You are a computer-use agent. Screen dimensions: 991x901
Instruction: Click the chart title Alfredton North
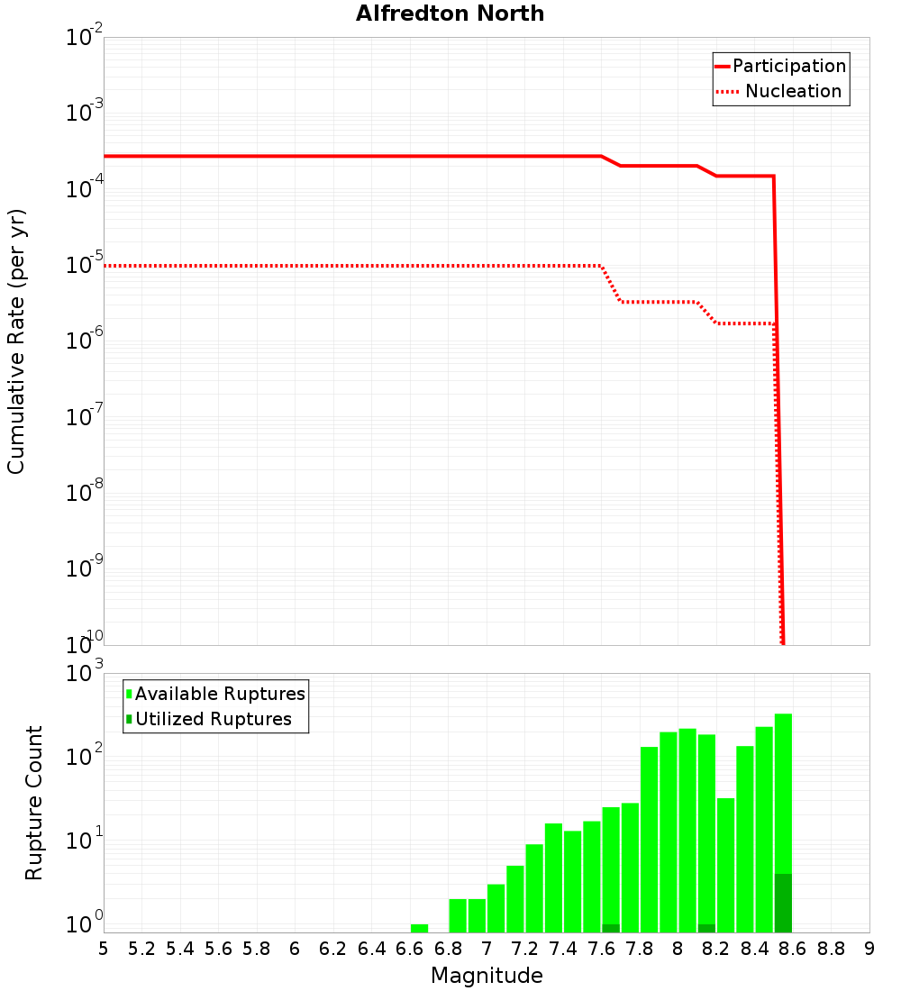(x=450, y=14)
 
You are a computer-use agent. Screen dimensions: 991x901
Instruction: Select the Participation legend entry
(x=780, y=66)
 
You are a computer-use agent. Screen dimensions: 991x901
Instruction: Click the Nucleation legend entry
(x=780, y=91)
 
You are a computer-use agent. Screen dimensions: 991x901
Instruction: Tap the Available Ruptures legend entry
(x=216, y=694)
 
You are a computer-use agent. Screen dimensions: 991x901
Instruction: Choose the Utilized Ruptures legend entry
(x=209, y=719)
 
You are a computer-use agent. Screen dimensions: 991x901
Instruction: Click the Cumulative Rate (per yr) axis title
(x=16, y=341)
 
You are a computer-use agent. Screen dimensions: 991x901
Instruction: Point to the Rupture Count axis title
(x=34, y=803)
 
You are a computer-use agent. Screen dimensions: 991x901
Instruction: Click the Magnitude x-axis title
(x=487, y=976)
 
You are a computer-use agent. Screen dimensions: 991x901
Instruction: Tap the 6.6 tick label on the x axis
(x=410, y=949)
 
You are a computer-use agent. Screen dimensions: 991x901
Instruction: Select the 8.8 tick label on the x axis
(x=831, y=949)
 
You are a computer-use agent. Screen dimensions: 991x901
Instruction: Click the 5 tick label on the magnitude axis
(x=104, y=949)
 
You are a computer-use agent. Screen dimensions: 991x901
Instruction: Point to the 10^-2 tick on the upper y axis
(x=85, y=38)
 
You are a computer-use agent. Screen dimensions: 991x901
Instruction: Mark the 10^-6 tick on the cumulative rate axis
(x=85, y=341)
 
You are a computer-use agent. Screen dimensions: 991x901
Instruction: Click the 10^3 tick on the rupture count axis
(x=85, y=674)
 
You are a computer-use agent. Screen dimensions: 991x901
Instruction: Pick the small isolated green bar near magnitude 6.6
(x=419, y=928)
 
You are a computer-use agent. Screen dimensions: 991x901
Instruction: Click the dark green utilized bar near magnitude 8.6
(x=783, y=903)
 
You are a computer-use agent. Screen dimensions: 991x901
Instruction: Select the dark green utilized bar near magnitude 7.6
(x=611, y=928)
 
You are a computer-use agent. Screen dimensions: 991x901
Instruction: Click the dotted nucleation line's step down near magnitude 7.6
(x=611, y=284)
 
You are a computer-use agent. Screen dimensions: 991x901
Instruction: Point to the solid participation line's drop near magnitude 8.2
(x=706, y=171)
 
